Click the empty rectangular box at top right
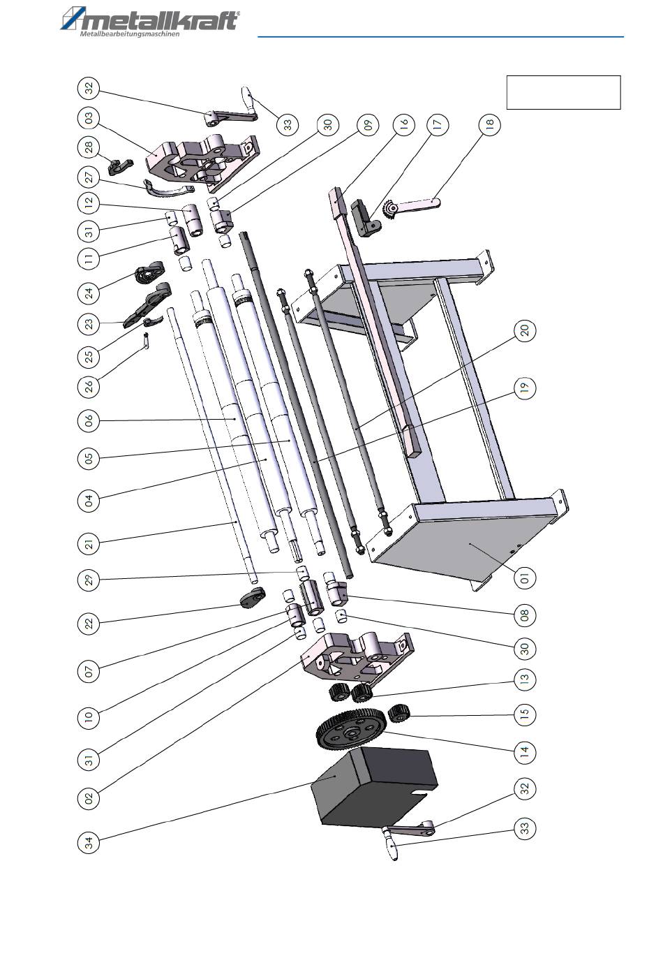[x=563, y=93]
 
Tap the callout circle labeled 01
[x=525, y=578]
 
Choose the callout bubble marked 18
[x=489, y=124]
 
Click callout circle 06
[x=89, y=421]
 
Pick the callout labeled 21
[x=89, y=544]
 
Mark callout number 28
[x=89, y=147]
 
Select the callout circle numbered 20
[x=525, y=330]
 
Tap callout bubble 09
[x=367, y=124]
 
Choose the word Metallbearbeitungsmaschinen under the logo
[x=130, y=34]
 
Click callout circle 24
[x=89, y=293]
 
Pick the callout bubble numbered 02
[x=89, y=797]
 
